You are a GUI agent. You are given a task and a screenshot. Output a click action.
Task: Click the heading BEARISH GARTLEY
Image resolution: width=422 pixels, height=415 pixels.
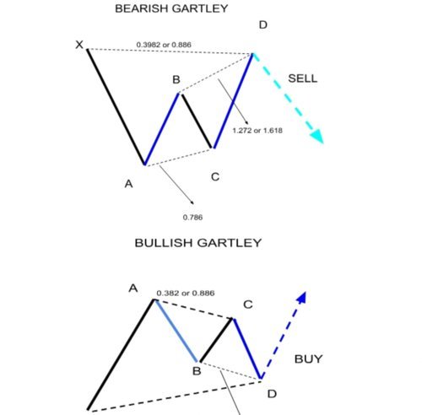171,8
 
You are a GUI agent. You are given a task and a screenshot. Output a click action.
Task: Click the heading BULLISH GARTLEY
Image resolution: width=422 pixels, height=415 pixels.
198,243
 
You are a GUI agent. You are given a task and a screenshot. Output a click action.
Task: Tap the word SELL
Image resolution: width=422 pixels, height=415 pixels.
303,78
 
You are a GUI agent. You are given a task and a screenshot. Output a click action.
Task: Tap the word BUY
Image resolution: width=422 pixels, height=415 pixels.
308,359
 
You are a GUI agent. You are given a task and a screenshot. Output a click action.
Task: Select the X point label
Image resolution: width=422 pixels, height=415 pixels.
79,45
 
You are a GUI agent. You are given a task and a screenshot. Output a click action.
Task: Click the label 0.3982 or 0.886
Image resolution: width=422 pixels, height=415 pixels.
164,45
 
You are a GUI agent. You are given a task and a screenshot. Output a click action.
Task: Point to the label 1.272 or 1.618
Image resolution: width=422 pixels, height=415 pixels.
257,131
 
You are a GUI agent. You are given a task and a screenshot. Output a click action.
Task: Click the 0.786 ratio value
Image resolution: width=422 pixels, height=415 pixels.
192,217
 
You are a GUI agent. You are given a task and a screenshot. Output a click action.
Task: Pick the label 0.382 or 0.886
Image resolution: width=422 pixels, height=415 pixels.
186,293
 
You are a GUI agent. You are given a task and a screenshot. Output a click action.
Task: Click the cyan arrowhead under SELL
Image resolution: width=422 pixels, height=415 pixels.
317,137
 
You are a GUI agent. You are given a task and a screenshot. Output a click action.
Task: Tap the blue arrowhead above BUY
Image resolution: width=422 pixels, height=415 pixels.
302,298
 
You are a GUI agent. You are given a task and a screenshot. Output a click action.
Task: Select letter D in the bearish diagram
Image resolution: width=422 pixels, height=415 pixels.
263,25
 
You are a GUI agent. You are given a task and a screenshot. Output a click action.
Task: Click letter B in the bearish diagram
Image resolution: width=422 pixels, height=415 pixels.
176,79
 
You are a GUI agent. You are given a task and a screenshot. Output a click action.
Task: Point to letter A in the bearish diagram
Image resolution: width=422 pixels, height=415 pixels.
128,184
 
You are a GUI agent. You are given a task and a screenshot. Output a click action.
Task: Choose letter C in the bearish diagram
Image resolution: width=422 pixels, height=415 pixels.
215,177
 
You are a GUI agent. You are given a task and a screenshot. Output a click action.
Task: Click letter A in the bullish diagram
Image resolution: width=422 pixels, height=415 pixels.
133,288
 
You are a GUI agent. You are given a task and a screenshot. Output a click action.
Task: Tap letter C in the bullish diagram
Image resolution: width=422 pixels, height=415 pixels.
248,305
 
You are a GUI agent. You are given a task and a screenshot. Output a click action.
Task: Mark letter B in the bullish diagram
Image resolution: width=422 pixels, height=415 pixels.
197,371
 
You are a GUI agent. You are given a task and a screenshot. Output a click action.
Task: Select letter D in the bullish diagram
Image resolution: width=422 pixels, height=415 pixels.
272,394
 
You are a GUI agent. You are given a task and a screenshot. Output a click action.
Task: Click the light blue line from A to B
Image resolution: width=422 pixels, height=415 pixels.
176,331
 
